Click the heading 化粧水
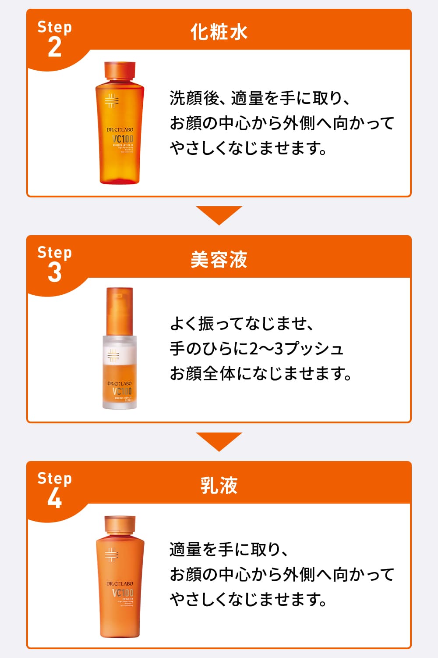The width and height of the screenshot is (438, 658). pyautogui.click(x=219, y=32)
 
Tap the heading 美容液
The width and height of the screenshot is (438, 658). pyautogui.click(x=219, y=259)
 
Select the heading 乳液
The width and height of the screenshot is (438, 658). pyautogui.click(x=219, y=486)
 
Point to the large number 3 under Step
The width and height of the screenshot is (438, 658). pyautogui.click(x=55, y=272)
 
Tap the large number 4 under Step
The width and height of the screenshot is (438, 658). pyautogui.click(x=55, y=498)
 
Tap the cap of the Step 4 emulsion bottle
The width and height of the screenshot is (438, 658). pyautogui.click(x=120, y=526)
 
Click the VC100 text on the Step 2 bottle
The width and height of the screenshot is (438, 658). pyautogui.click(x=123, y=139)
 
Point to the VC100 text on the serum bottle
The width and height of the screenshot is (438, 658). pyautogui.click(x=122, y=391)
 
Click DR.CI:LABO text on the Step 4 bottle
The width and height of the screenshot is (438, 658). pyautogui.click(x=120, y=584)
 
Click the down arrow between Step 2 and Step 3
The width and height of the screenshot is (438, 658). pyautogui.click(x=219, y=214)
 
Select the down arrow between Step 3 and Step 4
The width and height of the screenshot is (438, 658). pyautogui.click(x=219, y=440)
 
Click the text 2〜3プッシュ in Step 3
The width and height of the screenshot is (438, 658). pyautogui.click(x=297, y=349)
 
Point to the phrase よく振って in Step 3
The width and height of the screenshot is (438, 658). pyautogui.click(x=203, y=324)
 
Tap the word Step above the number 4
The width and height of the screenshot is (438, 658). pyautogui.click(x=55, y=478)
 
